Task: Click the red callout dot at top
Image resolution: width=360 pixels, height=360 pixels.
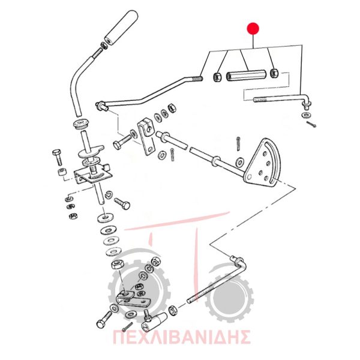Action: [253, 29]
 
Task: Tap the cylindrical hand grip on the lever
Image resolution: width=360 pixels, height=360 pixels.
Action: [121, 28]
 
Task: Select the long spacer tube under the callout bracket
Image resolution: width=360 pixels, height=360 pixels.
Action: [246, 76]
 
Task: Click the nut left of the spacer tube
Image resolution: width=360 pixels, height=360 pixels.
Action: [217, 77]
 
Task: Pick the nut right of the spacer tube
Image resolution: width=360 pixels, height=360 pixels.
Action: [274, 73]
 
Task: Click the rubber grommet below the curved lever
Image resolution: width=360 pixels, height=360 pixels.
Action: [81, 124]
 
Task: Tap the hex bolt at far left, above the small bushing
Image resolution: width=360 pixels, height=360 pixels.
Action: [58, 157]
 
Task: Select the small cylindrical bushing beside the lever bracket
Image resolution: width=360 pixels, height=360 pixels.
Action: [62, 172]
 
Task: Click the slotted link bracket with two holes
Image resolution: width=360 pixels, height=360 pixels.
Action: [146, 137]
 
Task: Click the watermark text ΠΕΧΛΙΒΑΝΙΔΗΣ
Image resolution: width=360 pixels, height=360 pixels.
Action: [181, 337]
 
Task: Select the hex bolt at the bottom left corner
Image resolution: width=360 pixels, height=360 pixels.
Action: [104, 319]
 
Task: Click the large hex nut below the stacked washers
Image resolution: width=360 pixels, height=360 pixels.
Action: [118, 265]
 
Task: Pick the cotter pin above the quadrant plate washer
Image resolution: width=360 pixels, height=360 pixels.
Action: [238, 144]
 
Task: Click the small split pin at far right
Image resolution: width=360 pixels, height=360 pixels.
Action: [311, 124]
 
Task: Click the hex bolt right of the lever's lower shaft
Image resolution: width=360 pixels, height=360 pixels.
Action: [122, 203]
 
